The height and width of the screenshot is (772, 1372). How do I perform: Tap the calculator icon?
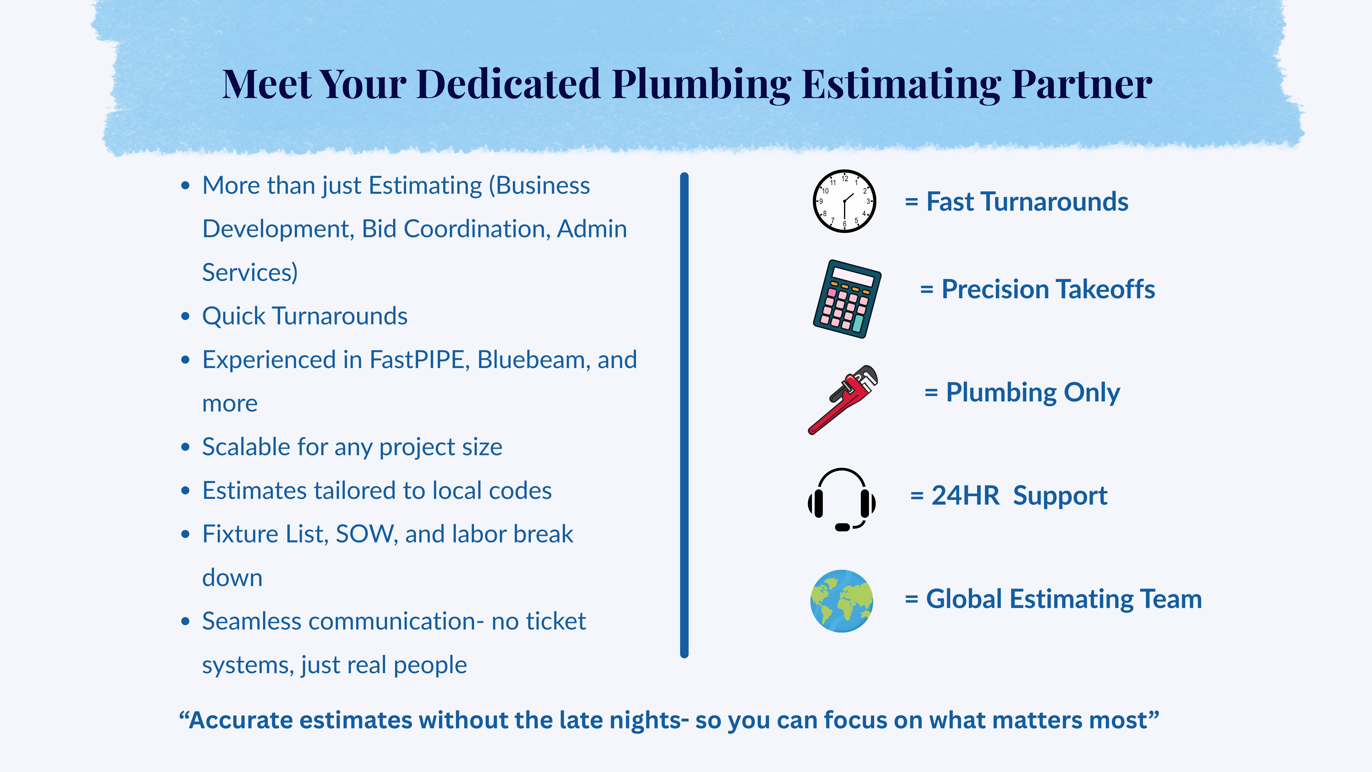[x=847, y=299]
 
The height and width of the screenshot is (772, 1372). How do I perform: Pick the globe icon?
[x=841, y=601]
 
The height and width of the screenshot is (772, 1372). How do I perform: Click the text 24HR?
[x=965, y=495]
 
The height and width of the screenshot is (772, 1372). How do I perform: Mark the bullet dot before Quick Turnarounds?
[x=185, y=317]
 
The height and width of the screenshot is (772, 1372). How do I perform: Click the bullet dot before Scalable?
[x=185, y=447]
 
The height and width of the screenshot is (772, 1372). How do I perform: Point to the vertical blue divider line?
[x=684, y=416]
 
